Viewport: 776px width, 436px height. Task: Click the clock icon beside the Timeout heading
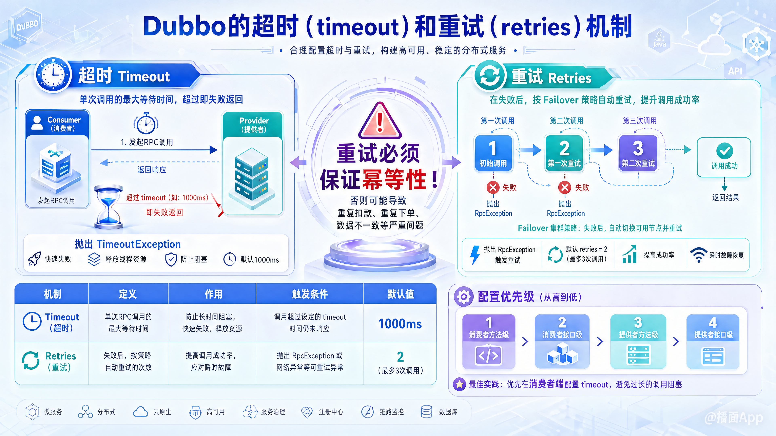click(x=54, y=74)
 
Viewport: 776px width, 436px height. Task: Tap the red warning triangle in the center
click(x=380, y=121)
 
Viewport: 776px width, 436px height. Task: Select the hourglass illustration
click(x=109, y=207)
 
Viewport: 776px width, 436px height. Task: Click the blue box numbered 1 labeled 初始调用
click(x=493, y=153)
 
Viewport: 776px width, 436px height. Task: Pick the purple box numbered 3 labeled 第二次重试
click(x=638, y=153)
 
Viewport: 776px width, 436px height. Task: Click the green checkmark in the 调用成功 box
click(x=724, y=151)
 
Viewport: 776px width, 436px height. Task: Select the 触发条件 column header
click(x=310, y=294)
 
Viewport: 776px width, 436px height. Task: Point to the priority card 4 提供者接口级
click(x=713, y=342)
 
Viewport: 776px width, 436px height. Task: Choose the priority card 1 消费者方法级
click(x=489, y=342)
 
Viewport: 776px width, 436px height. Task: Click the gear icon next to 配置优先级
click(x=464, y=297)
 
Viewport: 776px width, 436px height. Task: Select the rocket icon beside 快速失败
click(x=34, y=259)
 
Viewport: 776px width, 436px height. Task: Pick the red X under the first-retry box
click(x=565, y=188)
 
